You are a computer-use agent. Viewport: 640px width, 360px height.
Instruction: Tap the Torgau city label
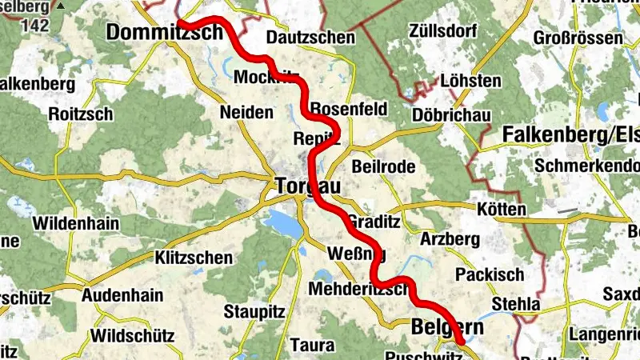point(307,186)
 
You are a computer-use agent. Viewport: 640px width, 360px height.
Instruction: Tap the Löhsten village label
point(470,81)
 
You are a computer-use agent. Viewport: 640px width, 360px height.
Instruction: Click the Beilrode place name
point(383,166)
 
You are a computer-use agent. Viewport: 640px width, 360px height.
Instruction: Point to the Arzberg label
point(450,239)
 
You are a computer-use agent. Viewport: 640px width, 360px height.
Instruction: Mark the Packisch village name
point(490,274)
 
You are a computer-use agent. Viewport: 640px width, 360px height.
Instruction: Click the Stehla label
point(516,305)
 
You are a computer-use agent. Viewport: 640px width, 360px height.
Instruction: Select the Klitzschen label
point(195,258)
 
